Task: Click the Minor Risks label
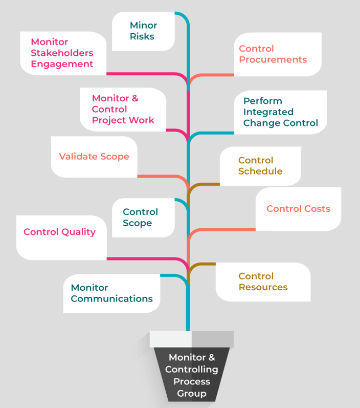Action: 143,31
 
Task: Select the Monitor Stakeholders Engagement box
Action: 63,53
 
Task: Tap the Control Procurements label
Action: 273,54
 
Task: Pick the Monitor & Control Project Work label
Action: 123,109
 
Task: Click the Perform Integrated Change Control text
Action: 280,112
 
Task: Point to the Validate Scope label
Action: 94,157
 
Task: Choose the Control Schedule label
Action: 260,166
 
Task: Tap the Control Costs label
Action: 298,209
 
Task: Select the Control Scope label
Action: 140,218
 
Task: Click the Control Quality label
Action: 59,232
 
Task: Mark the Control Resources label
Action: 263,282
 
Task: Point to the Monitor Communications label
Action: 111,293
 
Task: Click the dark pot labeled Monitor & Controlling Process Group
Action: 192,374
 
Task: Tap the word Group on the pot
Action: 192,394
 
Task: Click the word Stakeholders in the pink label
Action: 62,53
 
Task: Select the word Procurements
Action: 273,60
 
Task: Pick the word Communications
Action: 111,299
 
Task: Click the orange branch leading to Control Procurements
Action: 215,75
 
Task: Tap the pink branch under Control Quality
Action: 143,259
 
